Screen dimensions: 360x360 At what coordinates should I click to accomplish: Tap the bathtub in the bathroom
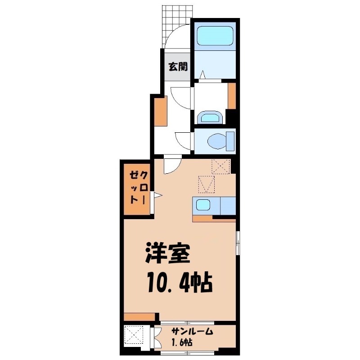[214, 36]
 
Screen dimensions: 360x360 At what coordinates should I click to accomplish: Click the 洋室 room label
[168, 255]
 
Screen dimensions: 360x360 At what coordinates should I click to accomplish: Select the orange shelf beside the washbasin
[232, 96]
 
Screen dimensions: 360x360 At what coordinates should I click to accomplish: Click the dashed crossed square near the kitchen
[221, 166]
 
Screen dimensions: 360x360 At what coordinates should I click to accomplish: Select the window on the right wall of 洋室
[238, 243]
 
